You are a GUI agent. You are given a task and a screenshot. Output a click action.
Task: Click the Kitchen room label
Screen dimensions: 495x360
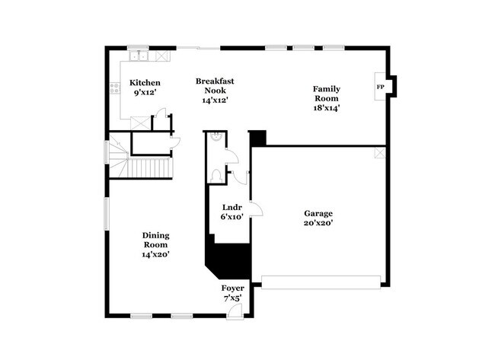pos(145,83)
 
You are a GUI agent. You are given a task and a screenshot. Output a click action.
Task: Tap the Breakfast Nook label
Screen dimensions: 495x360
pos(215,86)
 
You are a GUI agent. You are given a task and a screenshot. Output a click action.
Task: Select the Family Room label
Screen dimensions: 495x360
pos(327,94)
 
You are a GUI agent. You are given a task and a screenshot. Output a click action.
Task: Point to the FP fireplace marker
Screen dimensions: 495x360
pos(381,87)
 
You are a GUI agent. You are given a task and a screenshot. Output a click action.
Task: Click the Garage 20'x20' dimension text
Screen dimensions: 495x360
pos(318,223)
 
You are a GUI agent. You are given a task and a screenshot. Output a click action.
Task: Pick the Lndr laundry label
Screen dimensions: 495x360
pos(232,207)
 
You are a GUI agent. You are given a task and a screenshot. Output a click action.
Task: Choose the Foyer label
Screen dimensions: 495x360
pos(233,288)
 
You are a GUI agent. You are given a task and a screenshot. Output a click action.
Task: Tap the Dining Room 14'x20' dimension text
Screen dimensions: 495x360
pos(156,254)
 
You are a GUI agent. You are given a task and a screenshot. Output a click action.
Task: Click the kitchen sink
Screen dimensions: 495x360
pos(139,56)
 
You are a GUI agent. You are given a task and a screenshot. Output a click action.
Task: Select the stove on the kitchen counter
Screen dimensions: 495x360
pos(115,88)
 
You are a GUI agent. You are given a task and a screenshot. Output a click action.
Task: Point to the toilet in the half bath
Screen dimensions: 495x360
pos(216,175)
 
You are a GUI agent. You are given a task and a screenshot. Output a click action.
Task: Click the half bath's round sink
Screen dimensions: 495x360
pos(216,136)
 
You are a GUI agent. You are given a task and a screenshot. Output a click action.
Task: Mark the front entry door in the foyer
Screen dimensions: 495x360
pos(235,312)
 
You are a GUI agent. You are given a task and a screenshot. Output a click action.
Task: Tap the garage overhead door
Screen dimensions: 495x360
pos(321,282)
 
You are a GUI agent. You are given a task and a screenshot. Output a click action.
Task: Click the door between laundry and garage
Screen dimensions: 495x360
pos(256,209)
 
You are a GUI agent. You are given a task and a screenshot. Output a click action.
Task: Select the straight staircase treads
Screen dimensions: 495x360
pos(148,168)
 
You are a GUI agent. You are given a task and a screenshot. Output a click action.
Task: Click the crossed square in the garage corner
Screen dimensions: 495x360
pos(380,152)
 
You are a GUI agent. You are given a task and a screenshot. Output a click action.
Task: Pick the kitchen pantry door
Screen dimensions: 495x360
pos(162,113)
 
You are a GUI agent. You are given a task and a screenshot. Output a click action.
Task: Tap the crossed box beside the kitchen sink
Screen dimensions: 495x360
pos(162,56)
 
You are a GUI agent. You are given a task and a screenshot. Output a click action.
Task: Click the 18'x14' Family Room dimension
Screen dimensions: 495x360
pos(327,108)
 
